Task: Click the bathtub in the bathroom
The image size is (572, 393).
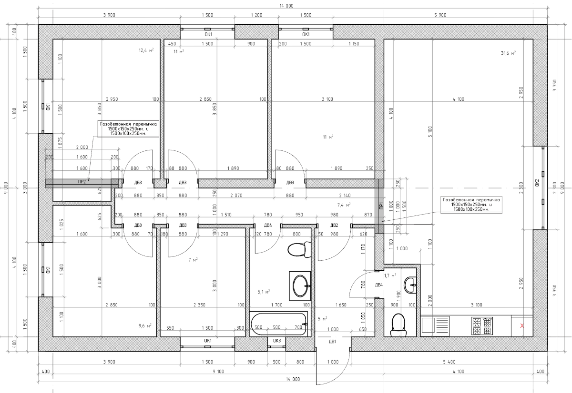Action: click(x=278, y=324)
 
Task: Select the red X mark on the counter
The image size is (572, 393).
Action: click(x=522, y=326)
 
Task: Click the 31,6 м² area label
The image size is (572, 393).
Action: click(x=508, y=53)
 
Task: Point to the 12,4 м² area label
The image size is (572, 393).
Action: click(x=146, y=50)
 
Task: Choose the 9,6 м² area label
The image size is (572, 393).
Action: click(x=145, y=326)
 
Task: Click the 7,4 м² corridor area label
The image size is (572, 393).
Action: click(x=344, y=205)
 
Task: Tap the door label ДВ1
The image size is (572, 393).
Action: click(x=332, y=342)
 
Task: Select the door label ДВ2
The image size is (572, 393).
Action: click(x=334, y=226)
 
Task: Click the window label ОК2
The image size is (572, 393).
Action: click(x=537, y=183)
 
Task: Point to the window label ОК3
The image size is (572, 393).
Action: click(x=277, y=341)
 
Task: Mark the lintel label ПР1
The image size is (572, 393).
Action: click(x=381, y=205)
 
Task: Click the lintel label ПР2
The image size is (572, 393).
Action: click(x=82, y=182)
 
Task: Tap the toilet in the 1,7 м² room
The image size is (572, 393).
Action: click(x=398, y=325)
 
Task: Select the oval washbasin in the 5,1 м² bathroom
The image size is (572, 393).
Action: click(x=300, y=286)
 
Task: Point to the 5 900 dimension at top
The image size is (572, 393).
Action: click(x=440, y=15)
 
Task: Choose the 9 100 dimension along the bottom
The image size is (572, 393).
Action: click(x=218, y=372)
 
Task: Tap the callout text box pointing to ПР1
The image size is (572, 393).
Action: click(x=471, y=205)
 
